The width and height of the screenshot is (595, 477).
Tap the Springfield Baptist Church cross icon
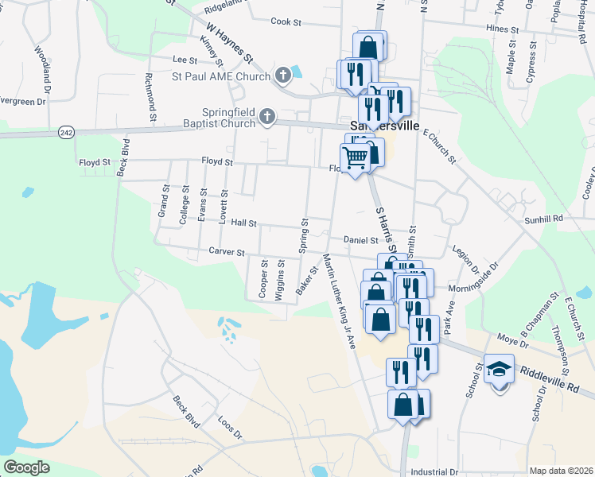coord(267,118)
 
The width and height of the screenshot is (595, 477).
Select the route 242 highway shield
coord(66,134)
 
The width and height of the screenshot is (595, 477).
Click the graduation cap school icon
coord(500,370)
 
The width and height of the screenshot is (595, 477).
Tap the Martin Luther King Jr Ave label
coord(338,301)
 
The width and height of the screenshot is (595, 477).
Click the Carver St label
coord(227,252)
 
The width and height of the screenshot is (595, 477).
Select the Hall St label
coord(243,224)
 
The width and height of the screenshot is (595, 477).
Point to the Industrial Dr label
coord(437,471)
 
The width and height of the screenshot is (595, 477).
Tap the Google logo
coord(27,467)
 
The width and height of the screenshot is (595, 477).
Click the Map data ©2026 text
coord(561,471)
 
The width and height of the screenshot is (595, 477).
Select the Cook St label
coord(286,22)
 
